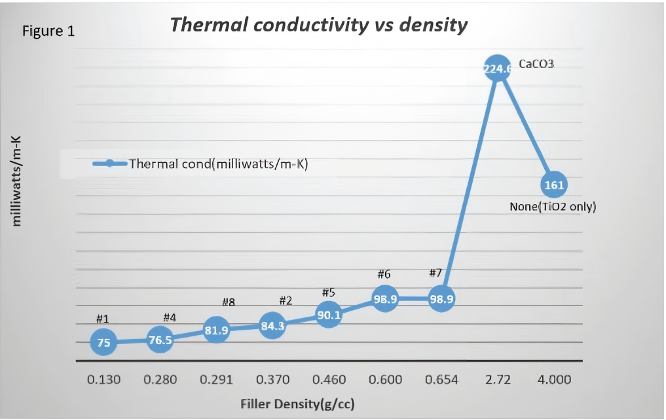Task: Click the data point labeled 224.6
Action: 497,69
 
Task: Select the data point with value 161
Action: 554,185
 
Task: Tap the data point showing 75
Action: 104,341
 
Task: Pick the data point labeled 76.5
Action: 160,340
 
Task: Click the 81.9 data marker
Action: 217,330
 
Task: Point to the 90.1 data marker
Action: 329,315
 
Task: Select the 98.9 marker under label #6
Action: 385,298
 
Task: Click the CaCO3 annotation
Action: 537,65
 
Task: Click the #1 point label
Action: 102,319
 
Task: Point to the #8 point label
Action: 228,302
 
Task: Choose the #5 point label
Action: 329,292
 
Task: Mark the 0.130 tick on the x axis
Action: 104,380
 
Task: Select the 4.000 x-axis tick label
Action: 553,380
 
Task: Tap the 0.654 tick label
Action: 441,380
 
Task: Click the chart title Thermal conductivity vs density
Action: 318,25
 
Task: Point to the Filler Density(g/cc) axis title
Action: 296,404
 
